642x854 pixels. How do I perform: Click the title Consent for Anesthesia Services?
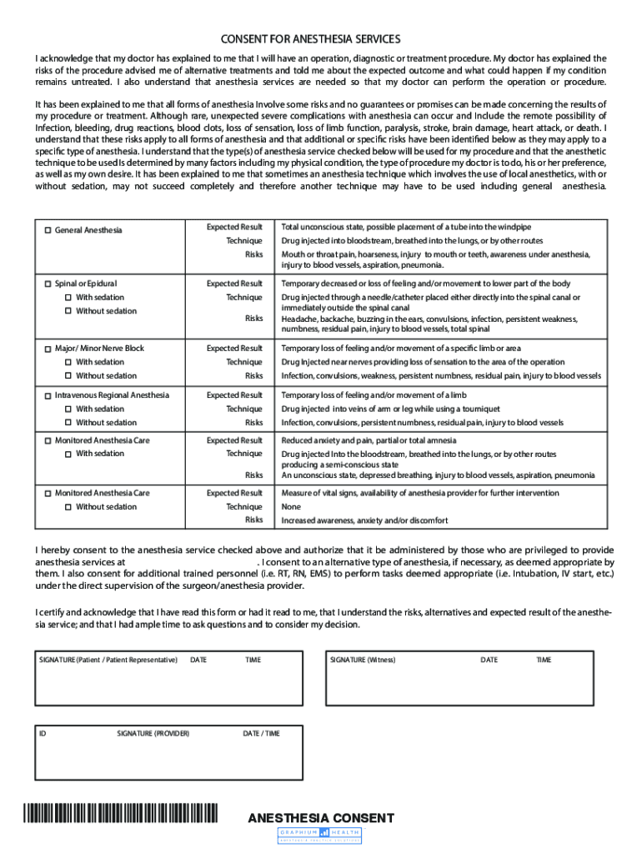[x=310, y=39]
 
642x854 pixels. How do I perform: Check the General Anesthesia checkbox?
[x=48, y=230]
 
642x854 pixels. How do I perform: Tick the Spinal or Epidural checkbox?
[x=48, y=284]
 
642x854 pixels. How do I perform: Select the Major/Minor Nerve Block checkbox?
[x=48, y=349]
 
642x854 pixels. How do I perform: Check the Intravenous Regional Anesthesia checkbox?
[x=48, y=395]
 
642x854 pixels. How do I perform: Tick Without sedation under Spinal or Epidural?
[x=68, y=311]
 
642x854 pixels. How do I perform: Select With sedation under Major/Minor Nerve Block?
[x=68, y=363]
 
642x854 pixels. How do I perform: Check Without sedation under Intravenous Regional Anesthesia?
[x=68, y=423]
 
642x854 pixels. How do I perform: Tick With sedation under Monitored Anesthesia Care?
[x=68, y=454]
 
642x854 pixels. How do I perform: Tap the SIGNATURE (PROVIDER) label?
[x=153, y=734]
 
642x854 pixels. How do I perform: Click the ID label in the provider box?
[x=43, y=734]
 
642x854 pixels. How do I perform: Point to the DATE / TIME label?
[x=261, y=734]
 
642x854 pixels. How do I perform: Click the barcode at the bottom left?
[x=121, y=814]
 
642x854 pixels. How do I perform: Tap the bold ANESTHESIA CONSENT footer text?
[x=321, y=818]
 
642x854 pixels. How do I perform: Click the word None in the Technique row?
[x=291, y=507]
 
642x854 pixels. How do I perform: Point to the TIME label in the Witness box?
[x=544, y=661]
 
